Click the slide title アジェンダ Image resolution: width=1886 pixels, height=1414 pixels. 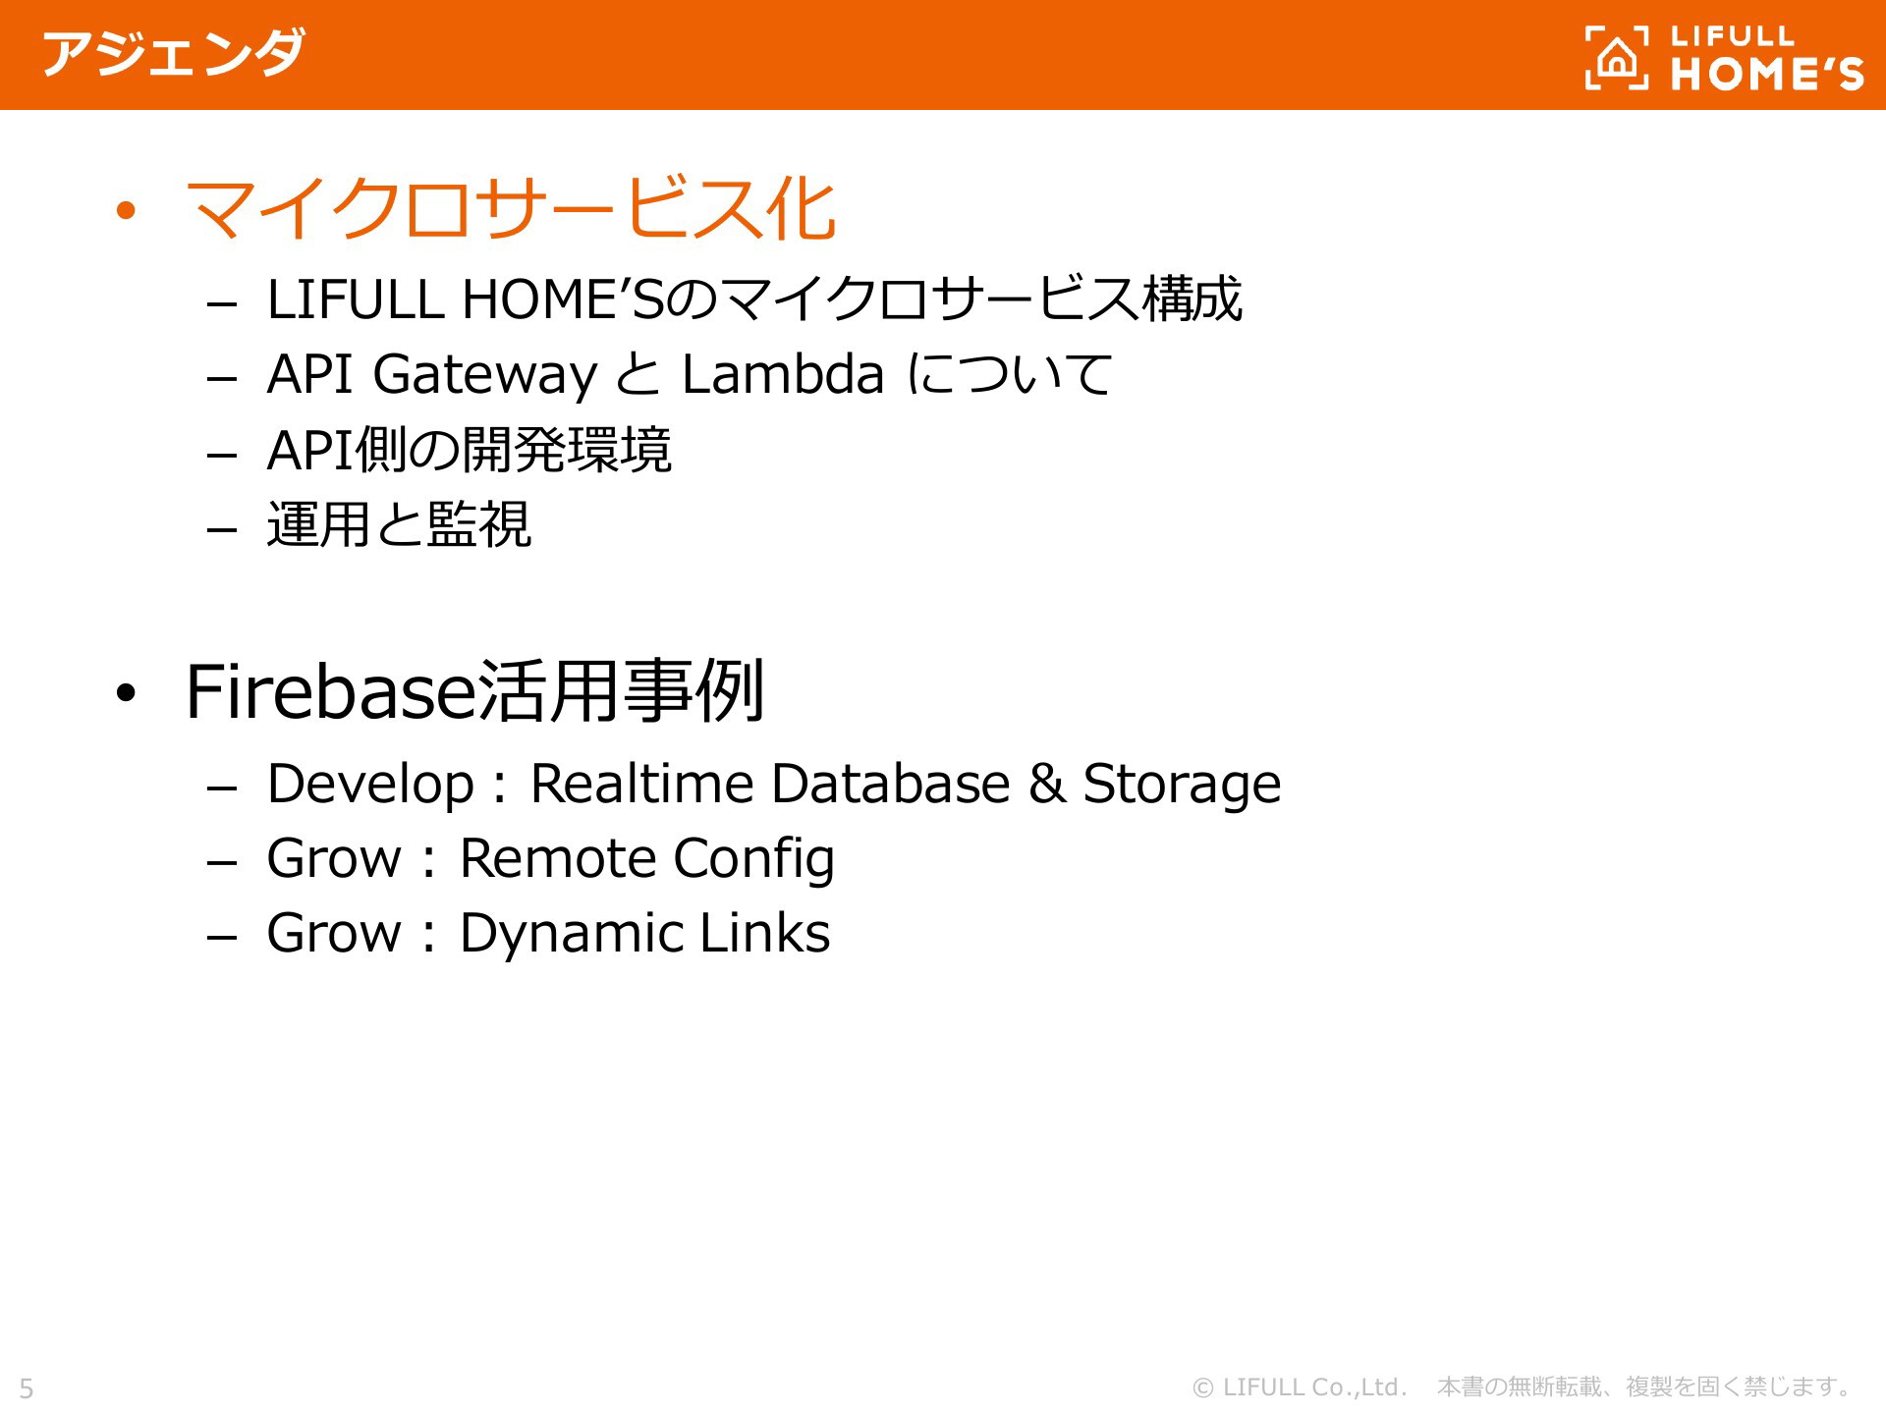click(173, 53)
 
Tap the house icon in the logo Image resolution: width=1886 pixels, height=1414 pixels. click(1617, 58)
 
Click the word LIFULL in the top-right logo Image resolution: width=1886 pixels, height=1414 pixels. click(1732, 36)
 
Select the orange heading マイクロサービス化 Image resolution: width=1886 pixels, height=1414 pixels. click(510, 208)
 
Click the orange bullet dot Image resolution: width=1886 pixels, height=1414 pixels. click(125, 210)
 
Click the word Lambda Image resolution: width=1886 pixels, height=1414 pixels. click(783, 374)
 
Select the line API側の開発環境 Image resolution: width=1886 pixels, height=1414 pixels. click(470, 450)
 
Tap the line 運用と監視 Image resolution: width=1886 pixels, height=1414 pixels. click(399, 524)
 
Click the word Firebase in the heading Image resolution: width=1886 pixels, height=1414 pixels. click(330, 692)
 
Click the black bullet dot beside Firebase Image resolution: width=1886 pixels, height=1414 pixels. click(125, 693)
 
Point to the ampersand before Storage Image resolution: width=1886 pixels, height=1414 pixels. click(1047, 784)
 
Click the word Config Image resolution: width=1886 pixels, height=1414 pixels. click(754, 860)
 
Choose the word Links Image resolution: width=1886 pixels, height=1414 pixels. click(765, 933)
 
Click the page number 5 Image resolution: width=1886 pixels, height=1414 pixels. click(27, 1388)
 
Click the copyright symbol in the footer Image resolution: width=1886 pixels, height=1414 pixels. click(1202, 1387)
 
